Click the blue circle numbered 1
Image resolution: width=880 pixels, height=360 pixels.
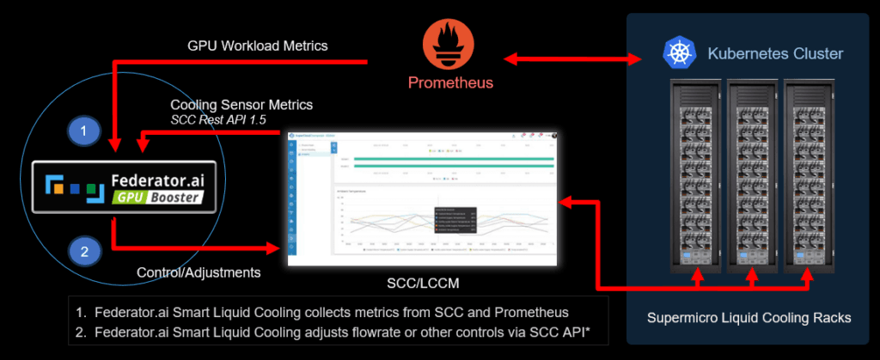coord(83,131)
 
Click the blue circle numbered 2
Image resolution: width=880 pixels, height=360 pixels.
coord(83,252)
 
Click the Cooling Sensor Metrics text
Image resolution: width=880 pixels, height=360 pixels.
coord(241,104)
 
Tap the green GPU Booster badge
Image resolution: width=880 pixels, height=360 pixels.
coord(160,197)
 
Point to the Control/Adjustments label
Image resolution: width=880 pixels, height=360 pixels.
coord(199,272)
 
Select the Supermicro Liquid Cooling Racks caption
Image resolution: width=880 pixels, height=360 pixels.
coord(749,318)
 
